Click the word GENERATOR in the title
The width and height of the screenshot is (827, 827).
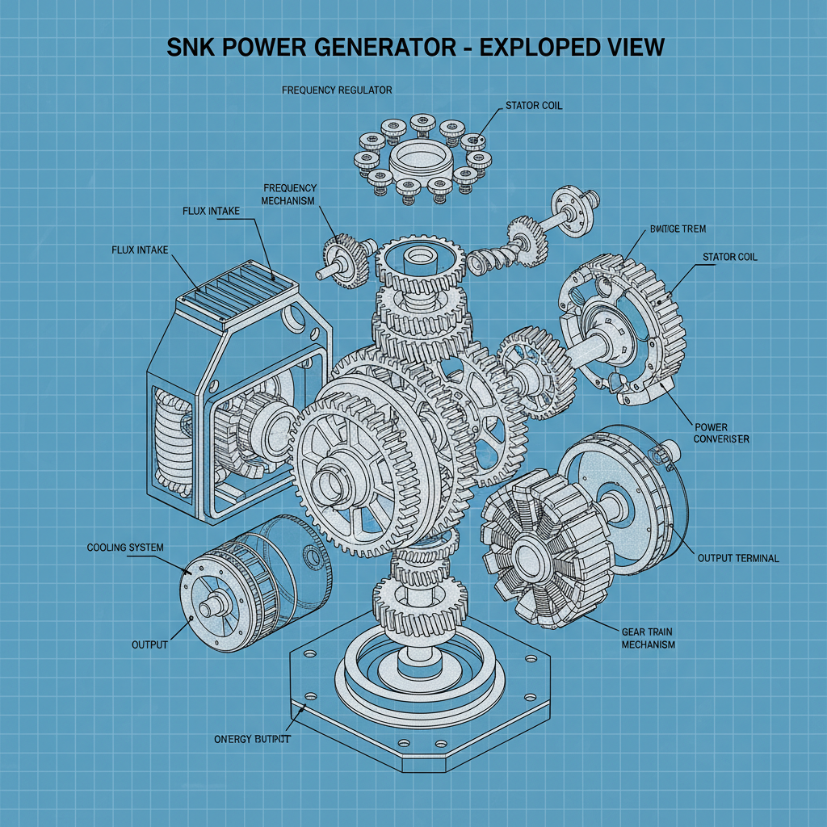pos(370,47)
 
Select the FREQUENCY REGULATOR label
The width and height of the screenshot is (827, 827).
pos(337,90)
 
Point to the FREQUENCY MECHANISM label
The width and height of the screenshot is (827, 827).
pos(290,194)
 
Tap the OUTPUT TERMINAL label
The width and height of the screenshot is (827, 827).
pos(738,558)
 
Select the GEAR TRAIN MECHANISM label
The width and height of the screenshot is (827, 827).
pos(649,638)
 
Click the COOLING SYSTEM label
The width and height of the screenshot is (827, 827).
pos(124,548)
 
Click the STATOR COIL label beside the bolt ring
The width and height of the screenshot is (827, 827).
pos(534,105)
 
